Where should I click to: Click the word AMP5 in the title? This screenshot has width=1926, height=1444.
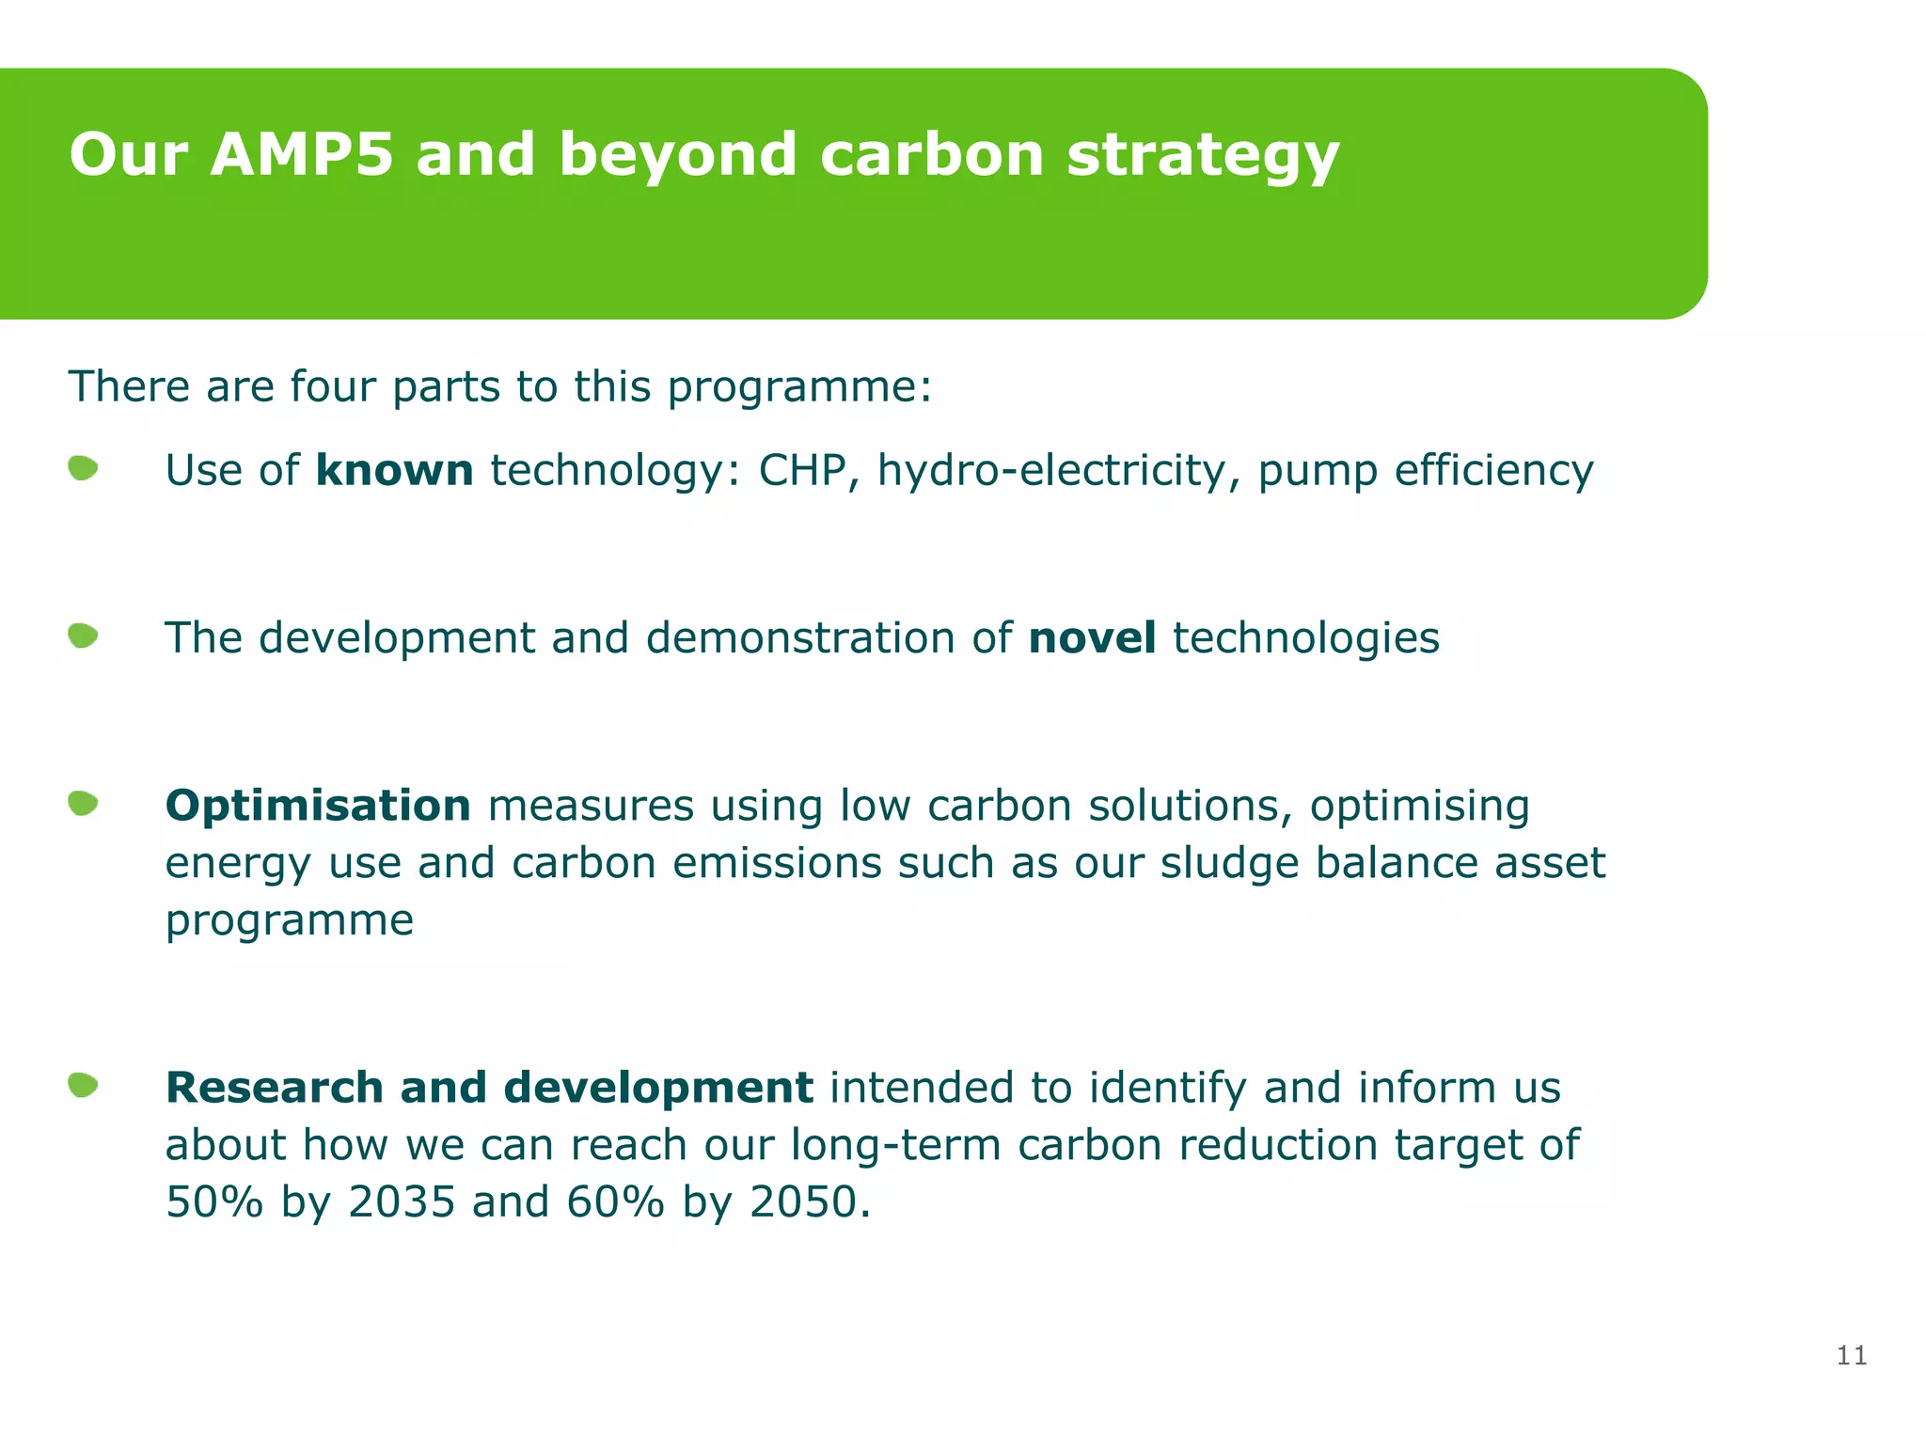pos(301,154)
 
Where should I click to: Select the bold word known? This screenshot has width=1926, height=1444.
pos(394,470)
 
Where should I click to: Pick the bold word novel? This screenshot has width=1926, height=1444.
pos(1092,637)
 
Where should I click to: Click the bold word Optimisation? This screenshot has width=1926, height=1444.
pos(318,806)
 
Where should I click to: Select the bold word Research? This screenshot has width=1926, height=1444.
pos(275,1088)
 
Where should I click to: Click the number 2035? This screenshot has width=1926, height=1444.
pos(402,1201)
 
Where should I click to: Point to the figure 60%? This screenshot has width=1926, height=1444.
pos(616,1201)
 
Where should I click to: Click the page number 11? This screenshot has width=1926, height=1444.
pos(1851,1355)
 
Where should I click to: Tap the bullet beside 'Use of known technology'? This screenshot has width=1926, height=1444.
pos(84,468)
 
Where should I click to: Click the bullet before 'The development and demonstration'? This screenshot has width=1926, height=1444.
pos(84,636)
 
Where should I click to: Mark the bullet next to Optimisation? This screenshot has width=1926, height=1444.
pos(84,804)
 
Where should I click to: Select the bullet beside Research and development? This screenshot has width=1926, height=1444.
pos(84,1086)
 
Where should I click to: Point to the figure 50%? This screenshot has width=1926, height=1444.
pos(214,1201)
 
